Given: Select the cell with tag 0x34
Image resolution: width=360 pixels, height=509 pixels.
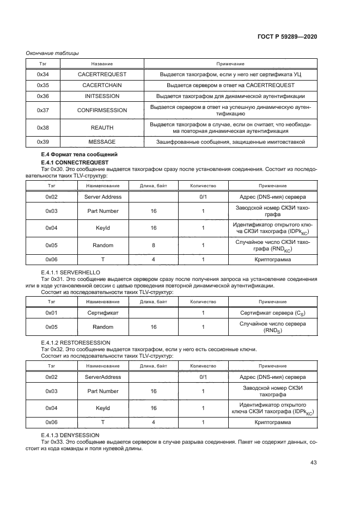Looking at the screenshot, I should point(43,74).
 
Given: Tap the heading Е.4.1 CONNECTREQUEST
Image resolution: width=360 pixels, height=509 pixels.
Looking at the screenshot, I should point(75,163).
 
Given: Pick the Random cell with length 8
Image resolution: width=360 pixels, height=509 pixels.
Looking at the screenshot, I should point(103,245).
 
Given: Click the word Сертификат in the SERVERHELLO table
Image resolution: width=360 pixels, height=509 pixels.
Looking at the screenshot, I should point(103,313).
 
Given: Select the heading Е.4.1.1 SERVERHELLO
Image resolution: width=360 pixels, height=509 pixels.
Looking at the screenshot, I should point(70,272).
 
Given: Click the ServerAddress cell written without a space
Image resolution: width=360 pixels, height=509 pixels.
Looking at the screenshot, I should point(103,377).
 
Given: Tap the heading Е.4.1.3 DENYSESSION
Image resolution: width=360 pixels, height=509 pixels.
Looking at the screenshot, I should point(70,436).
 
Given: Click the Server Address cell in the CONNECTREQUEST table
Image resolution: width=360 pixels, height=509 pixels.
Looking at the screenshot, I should point(103,196).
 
